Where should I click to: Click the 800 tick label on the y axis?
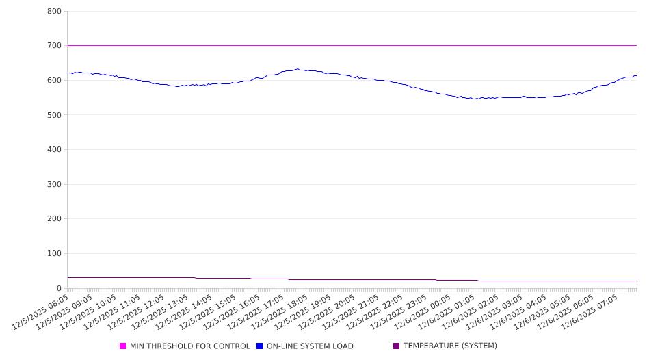point(55,12)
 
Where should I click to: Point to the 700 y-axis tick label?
point(55,46)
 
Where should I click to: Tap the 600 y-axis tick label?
point(55,81)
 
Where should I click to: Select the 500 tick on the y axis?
point(55,115)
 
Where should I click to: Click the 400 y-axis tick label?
point(55,150)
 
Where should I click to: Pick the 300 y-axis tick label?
point(55,185)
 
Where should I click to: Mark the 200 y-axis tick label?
point(55,219)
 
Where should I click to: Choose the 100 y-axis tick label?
point(55,254)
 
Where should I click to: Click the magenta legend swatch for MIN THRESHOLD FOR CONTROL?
point(123,346)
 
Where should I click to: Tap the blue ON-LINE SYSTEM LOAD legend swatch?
point(260,346)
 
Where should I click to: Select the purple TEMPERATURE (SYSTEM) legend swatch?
point(397,346)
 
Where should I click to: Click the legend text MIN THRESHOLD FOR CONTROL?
point(190,346)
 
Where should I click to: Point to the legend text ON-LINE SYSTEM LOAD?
point(310,346)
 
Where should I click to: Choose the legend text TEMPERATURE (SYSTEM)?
point(450,346)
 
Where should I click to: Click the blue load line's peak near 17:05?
point(297,69)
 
